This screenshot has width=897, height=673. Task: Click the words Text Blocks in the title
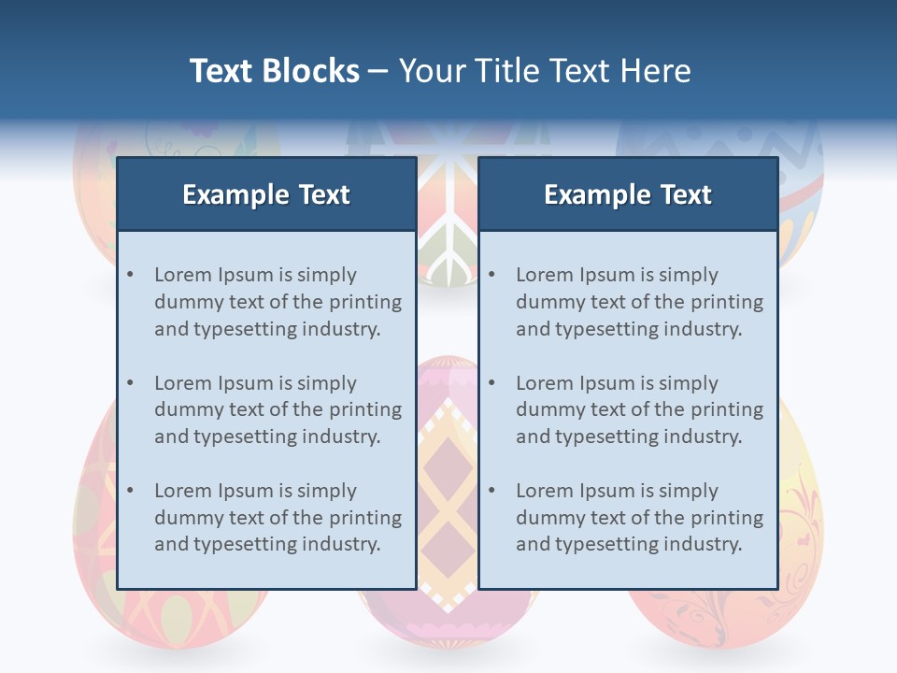(x=274, y=71)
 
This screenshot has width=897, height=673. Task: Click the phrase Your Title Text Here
(x=545, y=71)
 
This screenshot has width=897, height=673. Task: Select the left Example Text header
(x=266, y=194)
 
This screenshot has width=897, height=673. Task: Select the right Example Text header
(x=628, y=194)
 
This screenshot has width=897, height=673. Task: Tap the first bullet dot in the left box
(x=130, y=275)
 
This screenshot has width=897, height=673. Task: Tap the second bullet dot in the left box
(x=130, y=383)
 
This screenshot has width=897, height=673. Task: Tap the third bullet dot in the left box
(x=130, y=491)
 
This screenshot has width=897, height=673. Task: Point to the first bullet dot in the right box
(x=491, y=275)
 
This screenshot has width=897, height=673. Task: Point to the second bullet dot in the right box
(x=491, y=383)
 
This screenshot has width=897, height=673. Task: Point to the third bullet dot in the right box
(x=491, y=491)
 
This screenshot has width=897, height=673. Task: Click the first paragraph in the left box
(x=278, y=302)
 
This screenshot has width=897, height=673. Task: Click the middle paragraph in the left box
(x=278, y=409)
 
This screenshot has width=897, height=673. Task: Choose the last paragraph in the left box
(x=278, y=518)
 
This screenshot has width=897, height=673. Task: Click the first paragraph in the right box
(x=639, y=302)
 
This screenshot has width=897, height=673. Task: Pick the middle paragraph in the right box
(x=639, y=409)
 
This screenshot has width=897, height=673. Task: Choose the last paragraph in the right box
(x=639, y=518)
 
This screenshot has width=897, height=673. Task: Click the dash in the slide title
(x=378, y=72)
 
